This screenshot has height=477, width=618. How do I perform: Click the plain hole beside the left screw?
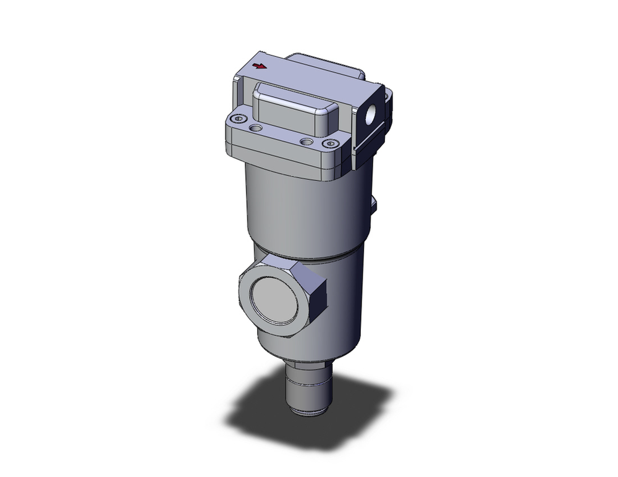click(x=255, y=128)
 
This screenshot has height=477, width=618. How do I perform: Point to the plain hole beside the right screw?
click(x=305, y=141)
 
